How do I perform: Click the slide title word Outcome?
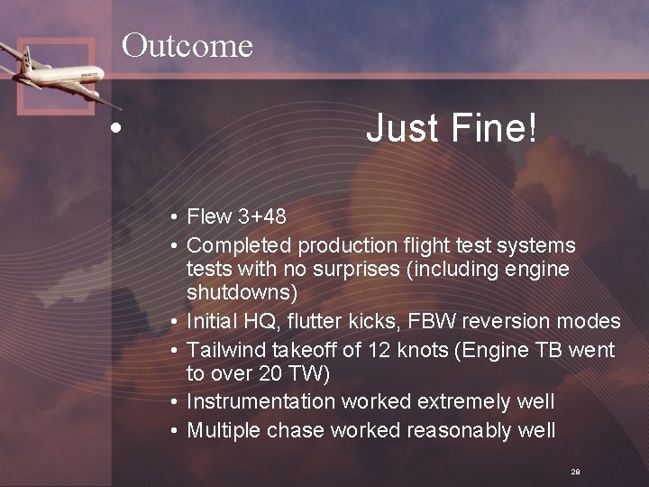(187, 44)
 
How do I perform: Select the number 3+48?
(262, 216)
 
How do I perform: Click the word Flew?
(209, 216)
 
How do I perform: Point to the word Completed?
(239, 245)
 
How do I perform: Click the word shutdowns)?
(242, 293)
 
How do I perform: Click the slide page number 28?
(575, 472)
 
